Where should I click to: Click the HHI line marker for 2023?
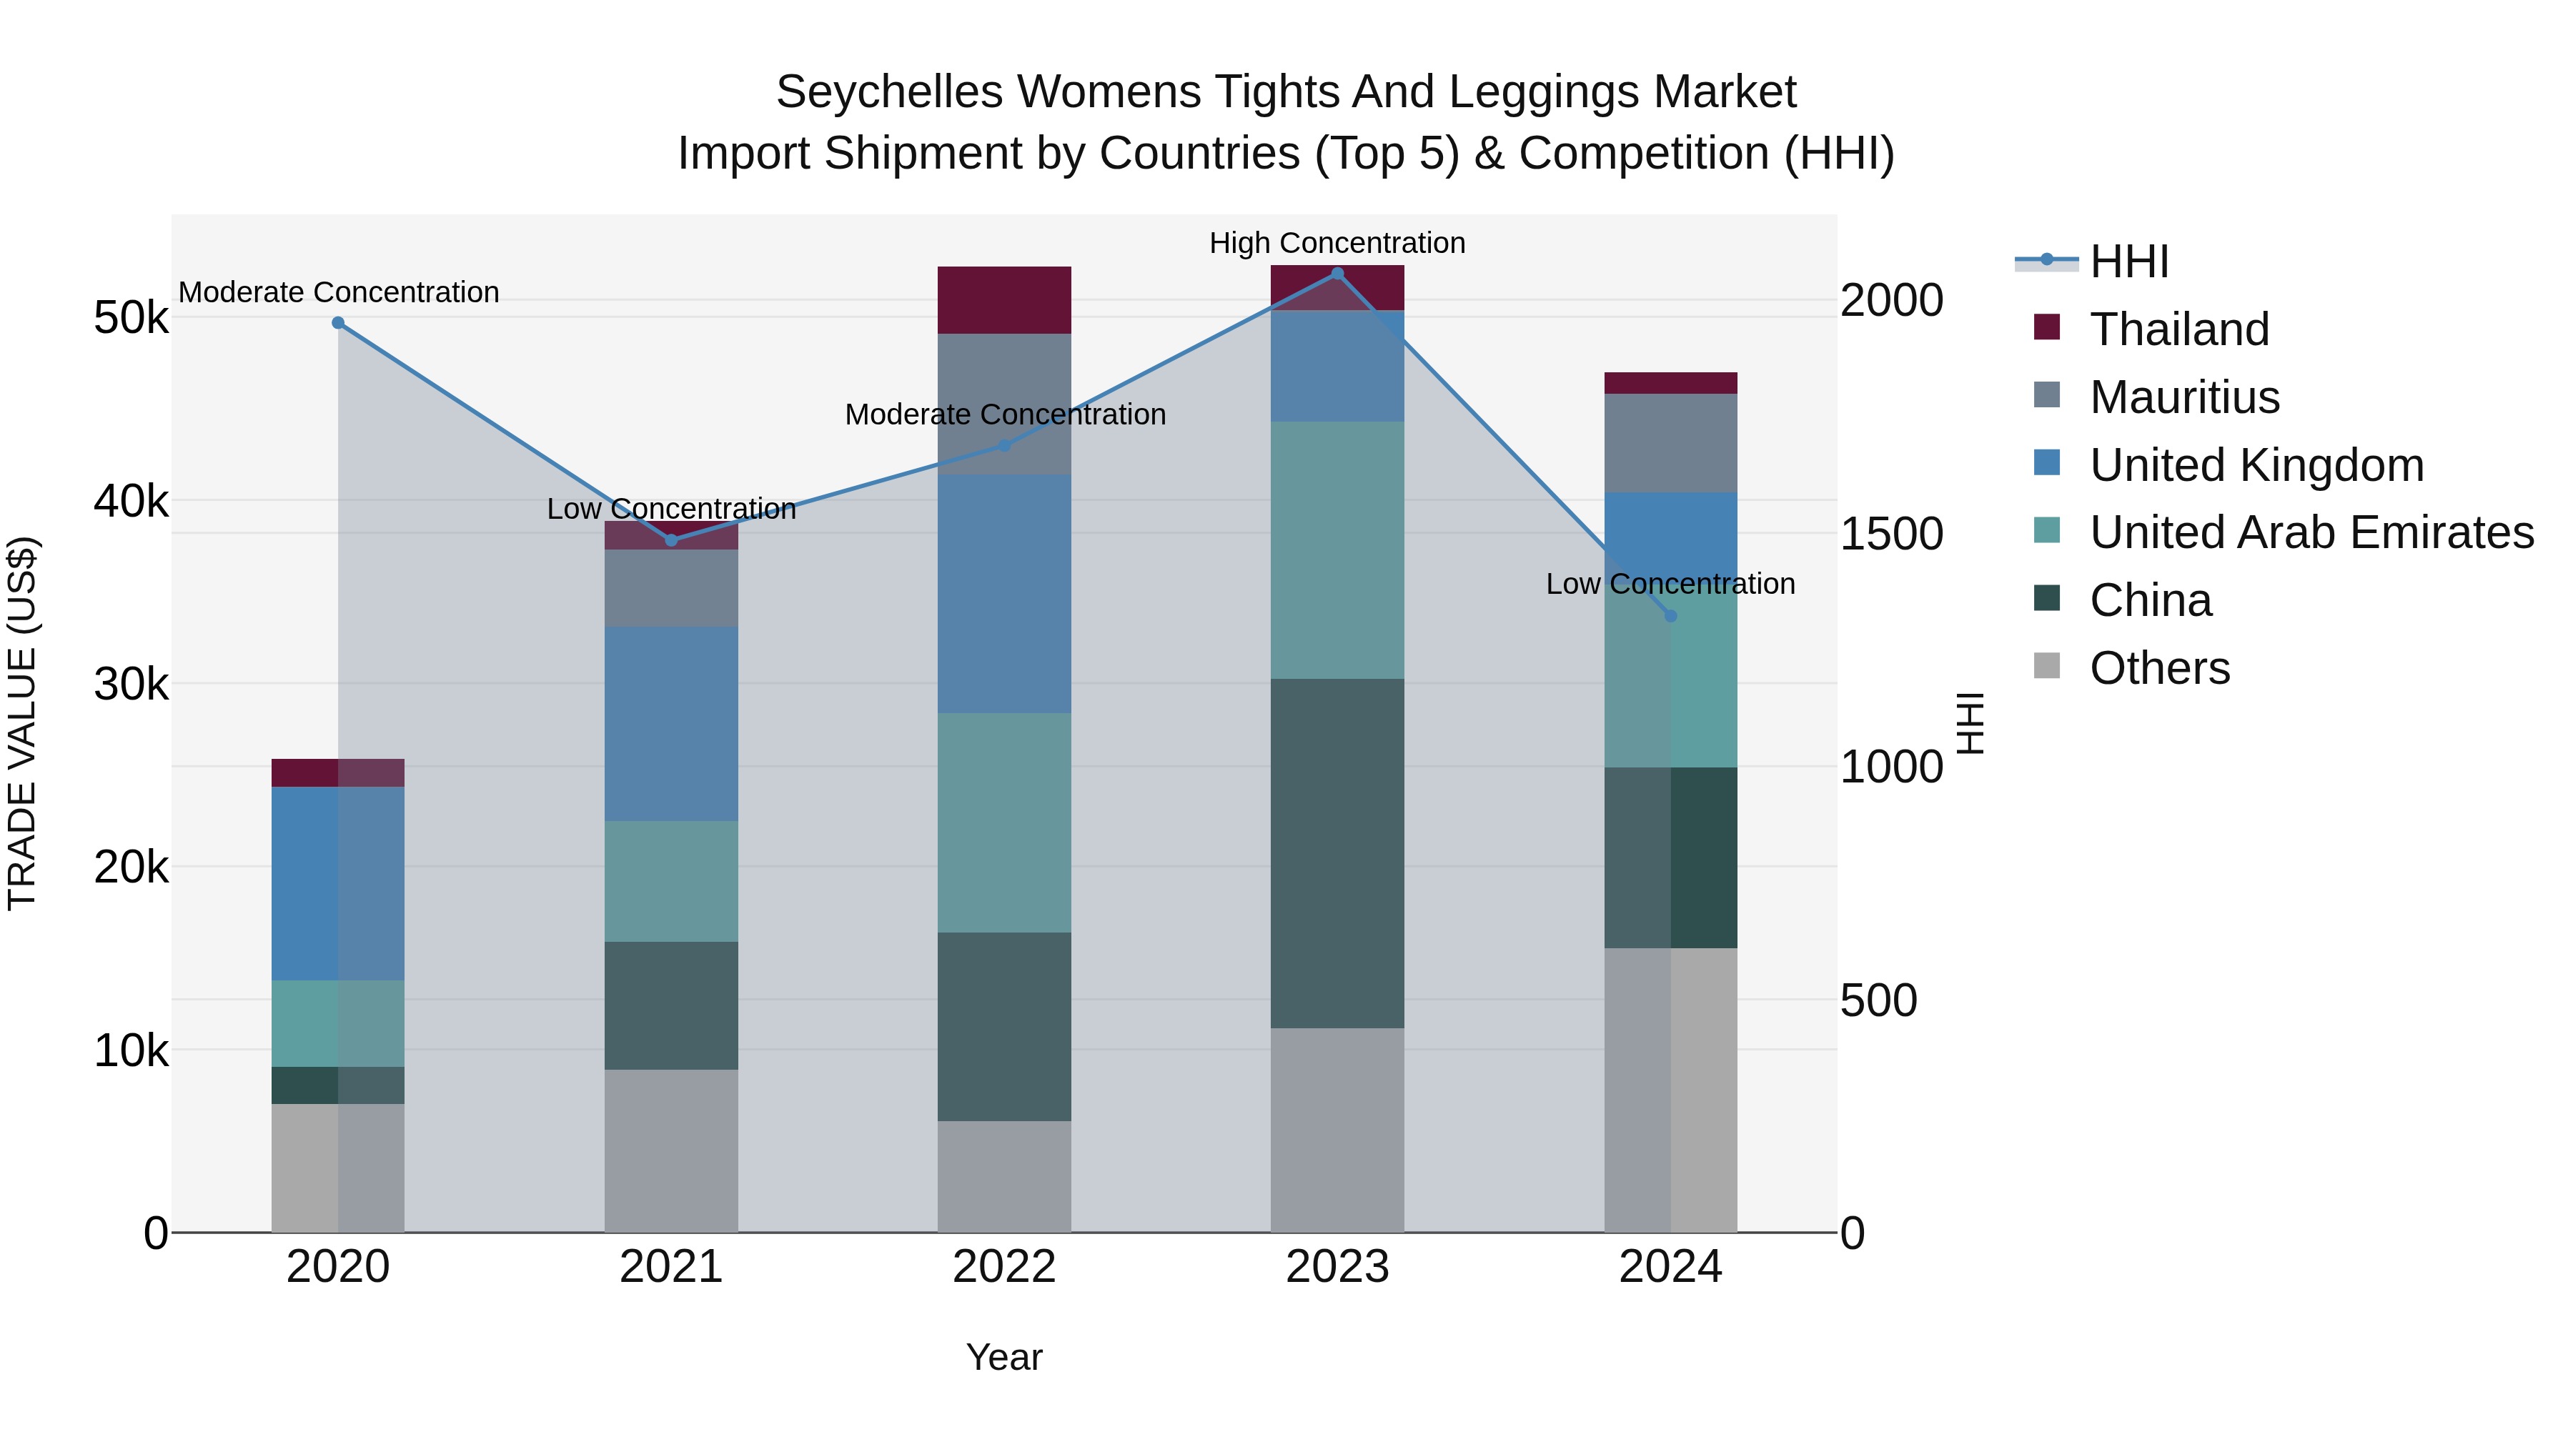1337,274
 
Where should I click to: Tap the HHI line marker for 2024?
1670,616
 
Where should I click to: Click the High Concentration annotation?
1337,244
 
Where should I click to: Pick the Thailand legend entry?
2178,329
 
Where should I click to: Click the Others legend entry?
2158,668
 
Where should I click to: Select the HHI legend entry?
2128,262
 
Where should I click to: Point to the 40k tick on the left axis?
131,502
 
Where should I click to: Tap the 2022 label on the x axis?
1004,1267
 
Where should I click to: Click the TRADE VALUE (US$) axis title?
23,724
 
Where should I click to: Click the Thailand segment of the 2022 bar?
1004,299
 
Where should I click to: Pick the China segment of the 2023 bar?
1337,854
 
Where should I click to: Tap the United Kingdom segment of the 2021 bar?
670,724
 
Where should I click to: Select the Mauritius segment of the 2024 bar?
1670,442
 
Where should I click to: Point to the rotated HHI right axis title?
1969,724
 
